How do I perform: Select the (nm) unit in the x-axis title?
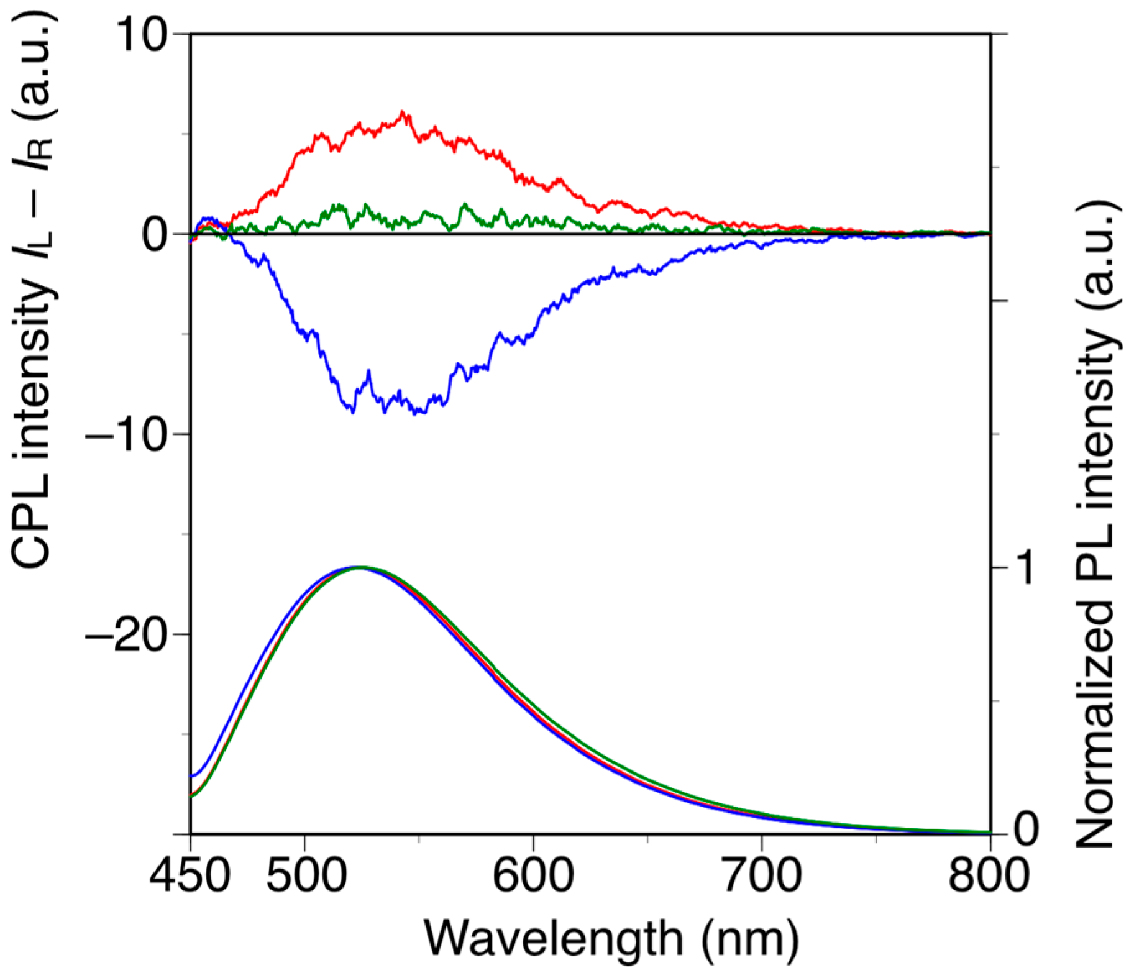point(750,939)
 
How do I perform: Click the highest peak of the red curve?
point(404,112)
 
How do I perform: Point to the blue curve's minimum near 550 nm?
point(422,413)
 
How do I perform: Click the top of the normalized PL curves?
point(359,567)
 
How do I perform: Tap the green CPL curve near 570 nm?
point(465,206)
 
